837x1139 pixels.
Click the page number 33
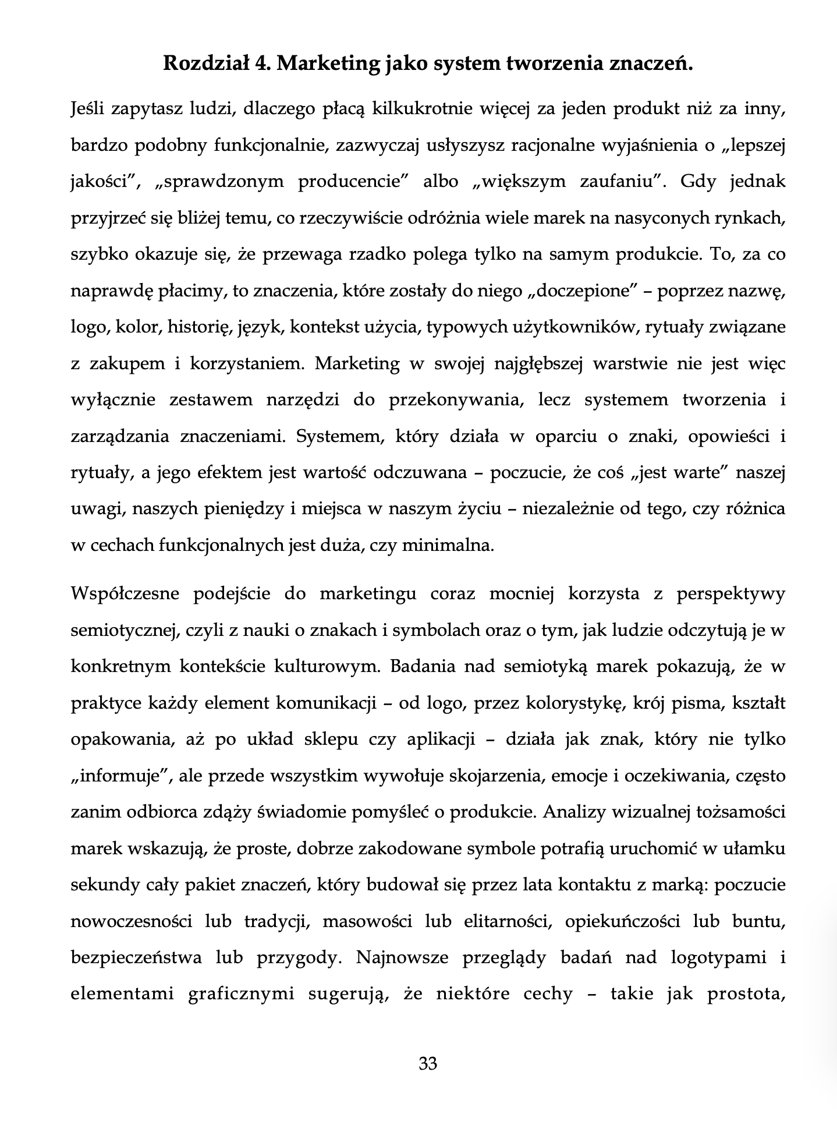pos(428,1064)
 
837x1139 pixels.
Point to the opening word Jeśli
pos(91,109)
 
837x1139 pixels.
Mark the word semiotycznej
pos(123,631)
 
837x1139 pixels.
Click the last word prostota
pos(746,994)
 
